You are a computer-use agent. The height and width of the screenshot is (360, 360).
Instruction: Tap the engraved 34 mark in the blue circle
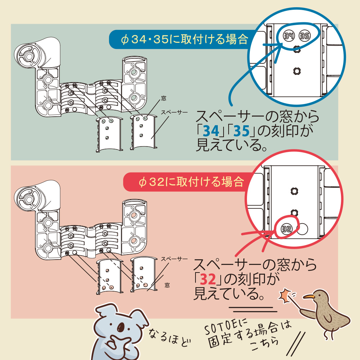tap(288, 36)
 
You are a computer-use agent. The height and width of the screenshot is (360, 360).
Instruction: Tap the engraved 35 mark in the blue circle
tap(305, 36)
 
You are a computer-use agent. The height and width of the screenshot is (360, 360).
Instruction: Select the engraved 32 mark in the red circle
tap(287, 228)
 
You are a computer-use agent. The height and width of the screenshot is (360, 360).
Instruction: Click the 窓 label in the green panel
tap(164, 98)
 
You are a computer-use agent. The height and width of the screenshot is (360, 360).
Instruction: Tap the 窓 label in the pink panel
tap(167, 285)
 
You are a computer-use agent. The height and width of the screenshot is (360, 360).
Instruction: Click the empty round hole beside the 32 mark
tap(303, 228)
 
